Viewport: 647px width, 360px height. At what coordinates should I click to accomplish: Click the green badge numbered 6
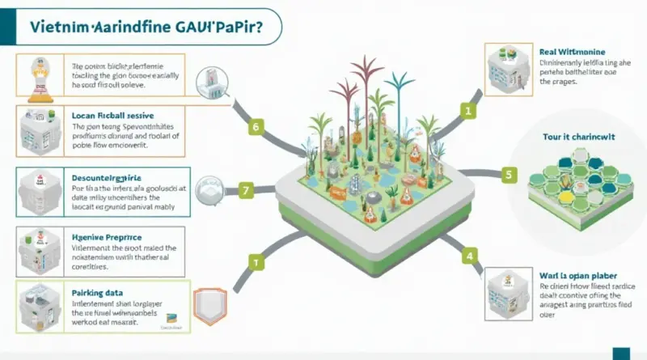256,127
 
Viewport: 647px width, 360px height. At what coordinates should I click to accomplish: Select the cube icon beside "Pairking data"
35,306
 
